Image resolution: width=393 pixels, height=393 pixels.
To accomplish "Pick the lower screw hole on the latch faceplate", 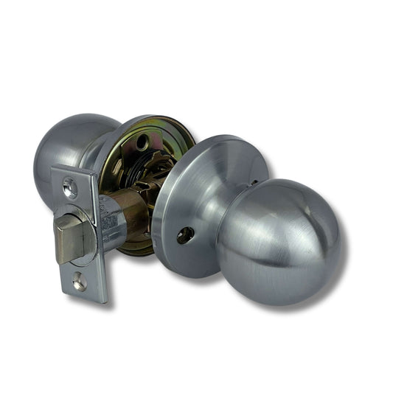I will [79, 281].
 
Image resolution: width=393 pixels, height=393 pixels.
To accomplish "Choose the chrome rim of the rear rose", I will [111, 136].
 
